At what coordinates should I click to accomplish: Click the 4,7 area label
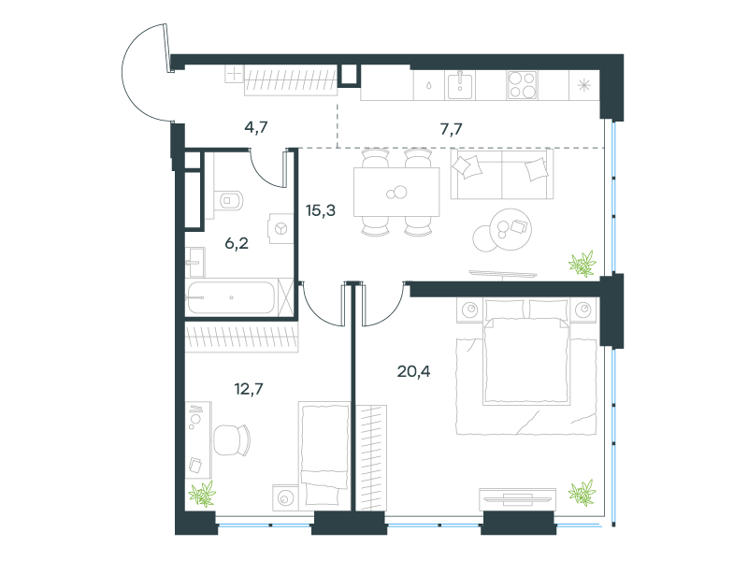pos(256,127)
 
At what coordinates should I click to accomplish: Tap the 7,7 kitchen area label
pos(451,129)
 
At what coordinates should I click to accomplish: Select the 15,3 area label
pos(321,209)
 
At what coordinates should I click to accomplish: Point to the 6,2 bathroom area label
pos(237,244)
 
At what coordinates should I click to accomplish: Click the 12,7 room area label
pos(249,389)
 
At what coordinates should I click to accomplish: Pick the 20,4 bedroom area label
pos(413,371)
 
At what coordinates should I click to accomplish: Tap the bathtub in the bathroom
pos(231,297)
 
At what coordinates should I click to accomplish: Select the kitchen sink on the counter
pos(460,85)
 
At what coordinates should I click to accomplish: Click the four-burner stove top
pos(522,85)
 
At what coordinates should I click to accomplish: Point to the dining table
pos(396,193)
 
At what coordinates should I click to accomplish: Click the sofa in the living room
pos(502,174)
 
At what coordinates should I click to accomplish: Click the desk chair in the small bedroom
pos(231,439)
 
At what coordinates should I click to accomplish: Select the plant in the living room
pos(583,264)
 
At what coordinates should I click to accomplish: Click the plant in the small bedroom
pos(202,494)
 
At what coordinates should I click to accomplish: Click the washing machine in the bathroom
pos(281,228)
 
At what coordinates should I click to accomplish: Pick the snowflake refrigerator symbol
pos(583,85)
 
